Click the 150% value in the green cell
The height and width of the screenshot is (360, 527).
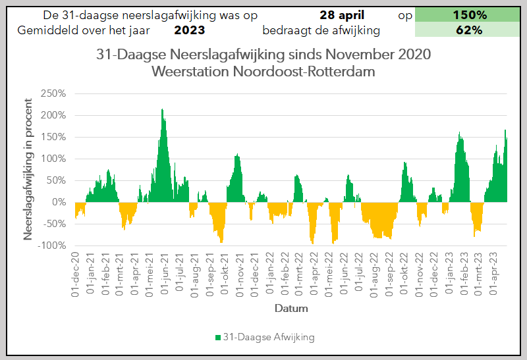point(469,14)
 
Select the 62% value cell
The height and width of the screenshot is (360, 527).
point(469,30)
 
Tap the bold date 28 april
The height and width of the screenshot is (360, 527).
point(345,14)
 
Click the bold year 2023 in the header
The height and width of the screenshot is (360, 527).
point(190,30)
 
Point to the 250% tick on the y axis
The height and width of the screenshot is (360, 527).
point(53,93)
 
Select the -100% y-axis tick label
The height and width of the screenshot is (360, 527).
point(51,245)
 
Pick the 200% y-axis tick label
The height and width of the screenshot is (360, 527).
point(53,115)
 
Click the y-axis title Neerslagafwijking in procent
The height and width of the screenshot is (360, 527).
point(29,168)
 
